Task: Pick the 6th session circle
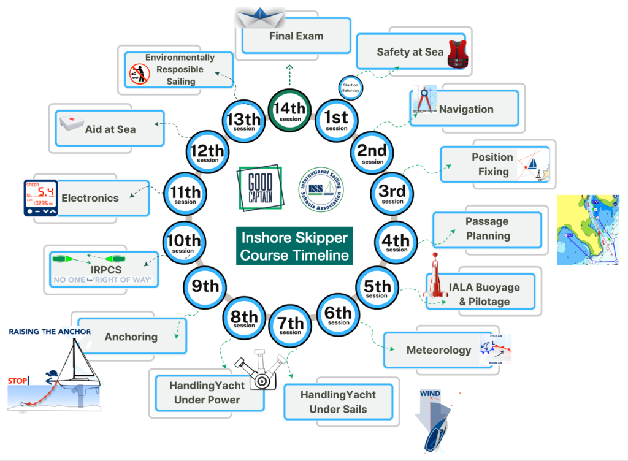click(339, 315)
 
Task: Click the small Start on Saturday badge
click(351, 87)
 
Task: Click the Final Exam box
click(296, 36)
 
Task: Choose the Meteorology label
click(438, 351)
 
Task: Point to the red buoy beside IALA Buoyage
click(435, 275)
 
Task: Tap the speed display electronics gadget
click(40, 197)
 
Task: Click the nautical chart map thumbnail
click(588, 230)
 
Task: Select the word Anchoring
click(131, 337)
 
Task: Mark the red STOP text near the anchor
click(18, 381)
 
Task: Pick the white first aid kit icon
click(72, 124)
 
